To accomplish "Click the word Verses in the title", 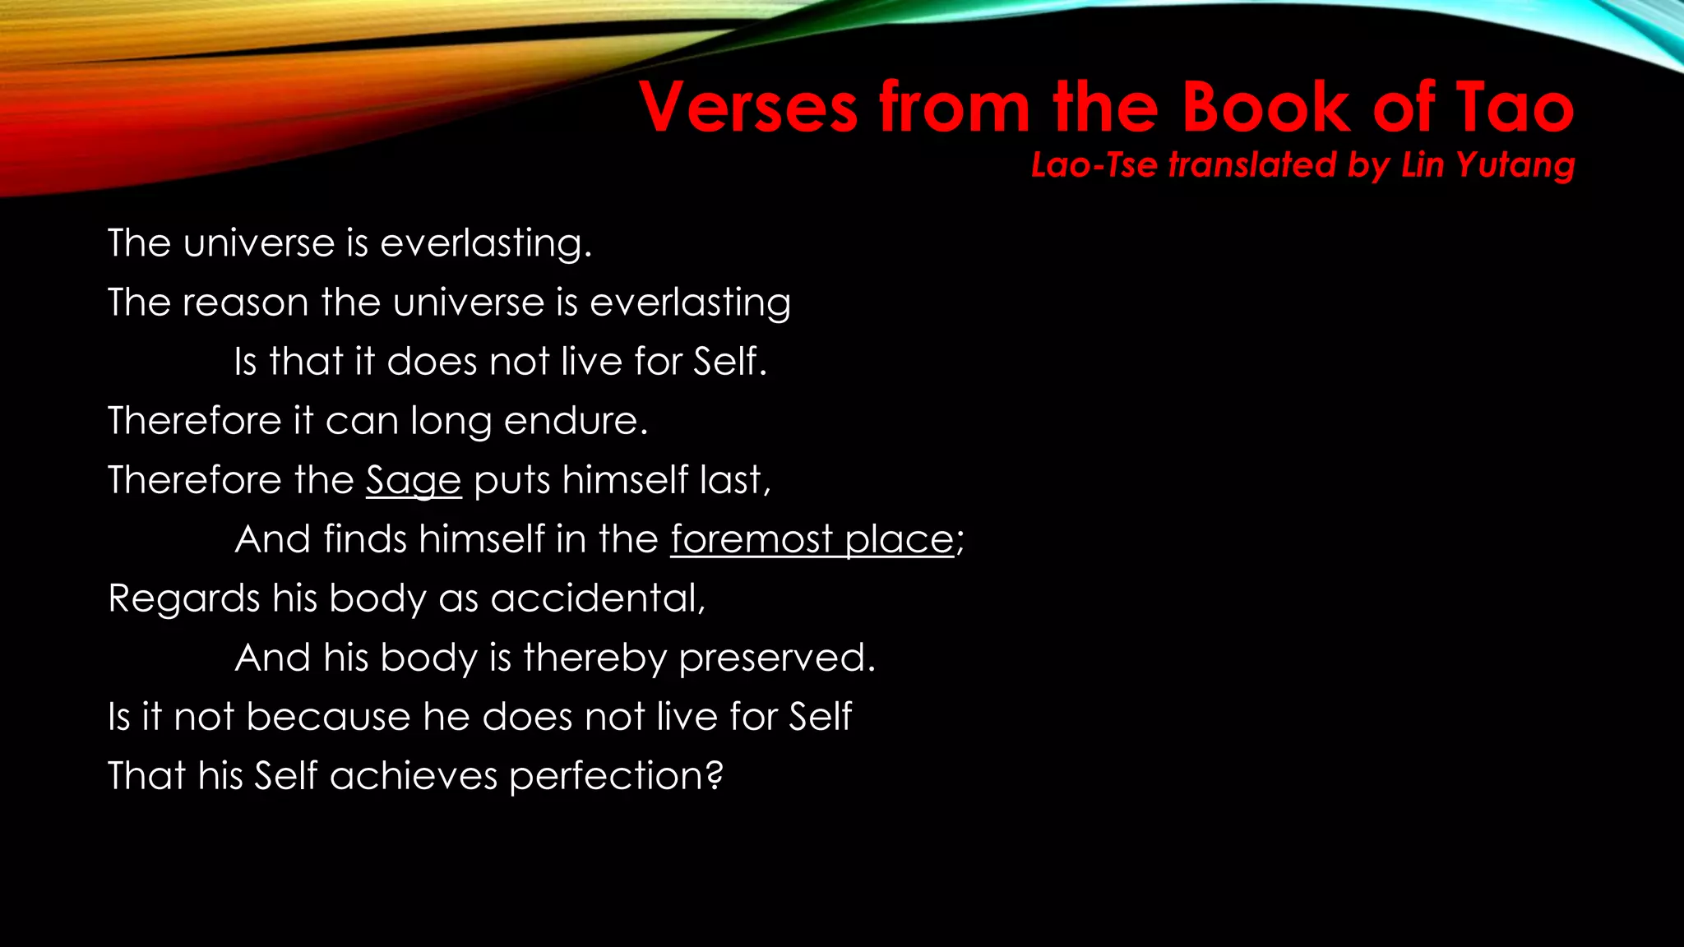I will (749, 108).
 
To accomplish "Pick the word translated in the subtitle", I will (1253, 165).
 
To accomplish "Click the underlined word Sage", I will (414, 481).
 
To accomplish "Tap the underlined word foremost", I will (752, 540).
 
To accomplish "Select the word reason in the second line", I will (245, 303).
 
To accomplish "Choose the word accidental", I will (597, 598).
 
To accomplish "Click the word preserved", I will (776, 658).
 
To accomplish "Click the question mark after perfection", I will (715, 775).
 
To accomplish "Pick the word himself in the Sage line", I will (625, 480).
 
